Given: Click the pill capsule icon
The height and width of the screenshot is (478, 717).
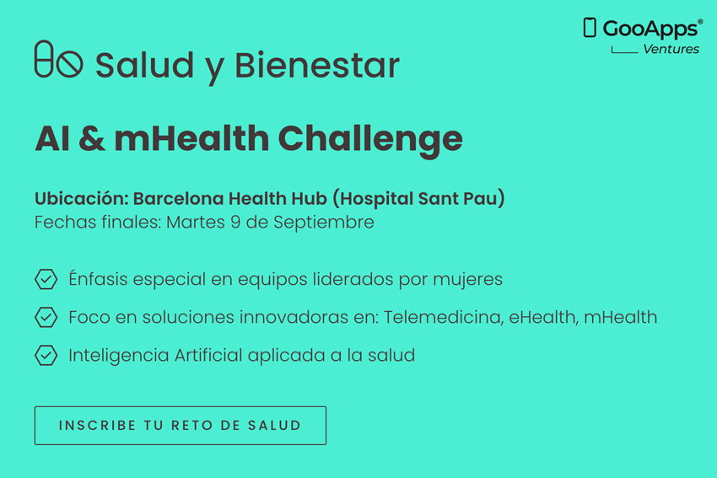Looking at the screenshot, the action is (44, 58).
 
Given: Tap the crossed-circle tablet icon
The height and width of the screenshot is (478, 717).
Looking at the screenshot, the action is (69, 63).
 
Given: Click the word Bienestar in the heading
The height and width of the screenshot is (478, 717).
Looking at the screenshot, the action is (317, 65).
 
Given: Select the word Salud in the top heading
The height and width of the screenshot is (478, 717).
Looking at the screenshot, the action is (144, 65).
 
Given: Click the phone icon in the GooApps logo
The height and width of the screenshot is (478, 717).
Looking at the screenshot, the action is (590, 28).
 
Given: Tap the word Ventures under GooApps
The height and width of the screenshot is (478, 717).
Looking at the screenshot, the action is (671, 49).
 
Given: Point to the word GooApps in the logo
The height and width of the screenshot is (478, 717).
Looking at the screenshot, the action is (650, 30).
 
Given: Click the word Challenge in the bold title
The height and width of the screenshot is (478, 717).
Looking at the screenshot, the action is (370, 138).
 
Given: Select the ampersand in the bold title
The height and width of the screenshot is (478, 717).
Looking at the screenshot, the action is (92, 138).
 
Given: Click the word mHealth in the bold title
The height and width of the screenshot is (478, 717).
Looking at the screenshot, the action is (191, 138).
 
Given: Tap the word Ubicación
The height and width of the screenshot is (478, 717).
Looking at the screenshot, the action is (81, 198).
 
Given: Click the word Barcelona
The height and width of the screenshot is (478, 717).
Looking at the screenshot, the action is (178, 198).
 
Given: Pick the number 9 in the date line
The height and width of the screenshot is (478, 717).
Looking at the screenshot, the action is (235, 222).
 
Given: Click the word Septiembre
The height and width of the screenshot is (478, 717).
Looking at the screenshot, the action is (324, 223).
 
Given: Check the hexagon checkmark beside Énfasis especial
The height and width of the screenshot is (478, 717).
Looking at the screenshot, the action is (46, 279).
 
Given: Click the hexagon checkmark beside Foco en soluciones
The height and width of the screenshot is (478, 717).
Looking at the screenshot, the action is (46, 317).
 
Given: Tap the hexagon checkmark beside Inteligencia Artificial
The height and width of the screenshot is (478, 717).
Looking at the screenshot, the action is (46, 355).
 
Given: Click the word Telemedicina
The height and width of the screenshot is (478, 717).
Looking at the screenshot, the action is (444, 317).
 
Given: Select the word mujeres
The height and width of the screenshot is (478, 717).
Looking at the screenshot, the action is (468, 280).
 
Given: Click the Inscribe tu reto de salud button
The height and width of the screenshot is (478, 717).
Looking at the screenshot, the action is (181, 426).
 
